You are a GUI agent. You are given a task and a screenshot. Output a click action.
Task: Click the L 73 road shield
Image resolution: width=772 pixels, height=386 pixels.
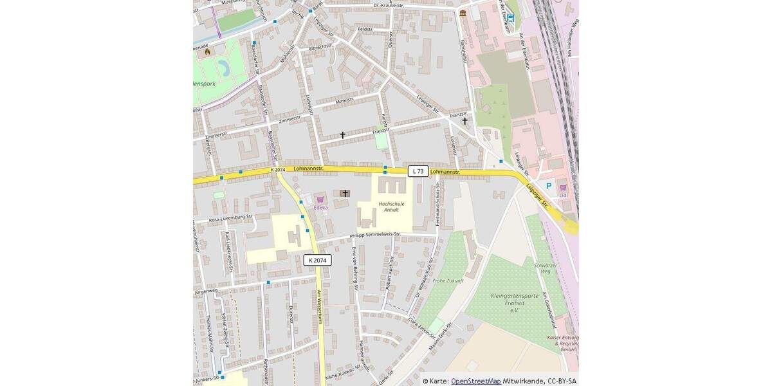pos(418,171)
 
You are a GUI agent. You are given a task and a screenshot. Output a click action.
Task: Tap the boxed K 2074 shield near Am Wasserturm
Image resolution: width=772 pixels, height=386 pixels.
pos(317,261)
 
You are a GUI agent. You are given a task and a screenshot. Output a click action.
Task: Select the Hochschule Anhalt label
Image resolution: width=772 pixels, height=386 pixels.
pos(391,207)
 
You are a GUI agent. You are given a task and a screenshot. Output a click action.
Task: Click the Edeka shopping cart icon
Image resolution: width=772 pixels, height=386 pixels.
pos(320,200)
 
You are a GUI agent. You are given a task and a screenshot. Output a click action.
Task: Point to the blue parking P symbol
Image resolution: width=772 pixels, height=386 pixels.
pos(549,186)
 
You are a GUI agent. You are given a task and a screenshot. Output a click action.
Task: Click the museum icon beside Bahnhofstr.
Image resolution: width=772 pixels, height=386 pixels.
pos(463,13)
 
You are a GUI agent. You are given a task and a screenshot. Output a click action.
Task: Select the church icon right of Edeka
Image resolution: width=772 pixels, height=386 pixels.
pos(345,193)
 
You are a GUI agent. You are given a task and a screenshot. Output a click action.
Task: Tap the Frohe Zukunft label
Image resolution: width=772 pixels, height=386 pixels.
pos(448,280)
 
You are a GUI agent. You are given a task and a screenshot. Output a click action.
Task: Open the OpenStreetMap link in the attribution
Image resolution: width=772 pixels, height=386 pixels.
pos(475,381)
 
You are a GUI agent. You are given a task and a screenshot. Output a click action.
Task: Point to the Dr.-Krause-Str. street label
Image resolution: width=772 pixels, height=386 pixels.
pos(388,5)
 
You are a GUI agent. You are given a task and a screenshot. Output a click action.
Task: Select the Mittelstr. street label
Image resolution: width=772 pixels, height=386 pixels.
pos(345,100)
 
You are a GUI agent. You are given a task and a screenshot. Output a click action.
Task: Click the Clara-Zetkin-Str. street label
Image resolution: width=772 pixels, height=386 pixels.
pos(422,328)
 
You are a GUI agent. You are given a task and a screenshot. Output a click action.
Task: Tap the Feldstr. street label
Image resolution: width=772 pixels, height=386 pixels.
pos(365,29)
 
